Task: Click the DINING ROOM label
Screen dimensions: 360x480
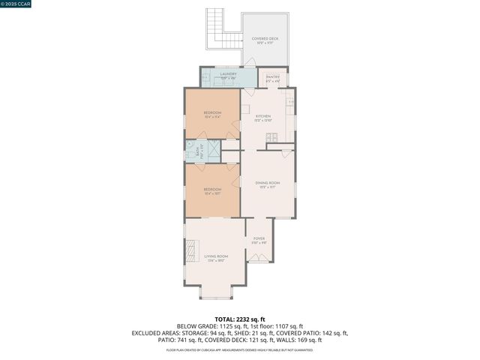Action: (x=267, y=184)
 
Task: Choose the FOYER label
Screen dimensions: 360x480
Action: (x=259, y=240)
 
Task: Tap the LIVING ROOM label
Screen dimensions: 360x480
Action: (x=216, y=258)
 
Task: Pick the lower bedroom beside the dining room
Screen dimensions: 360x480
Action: (x=212, y=190)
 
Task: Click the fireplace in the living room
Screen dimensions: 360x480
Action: (x=190, y=250)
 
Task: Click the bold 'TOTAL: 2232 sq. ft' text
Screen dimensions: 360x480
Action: (x=240, y=319)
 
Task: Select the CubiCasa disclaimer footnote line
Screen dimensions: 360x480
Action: (x=240, y=349)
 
